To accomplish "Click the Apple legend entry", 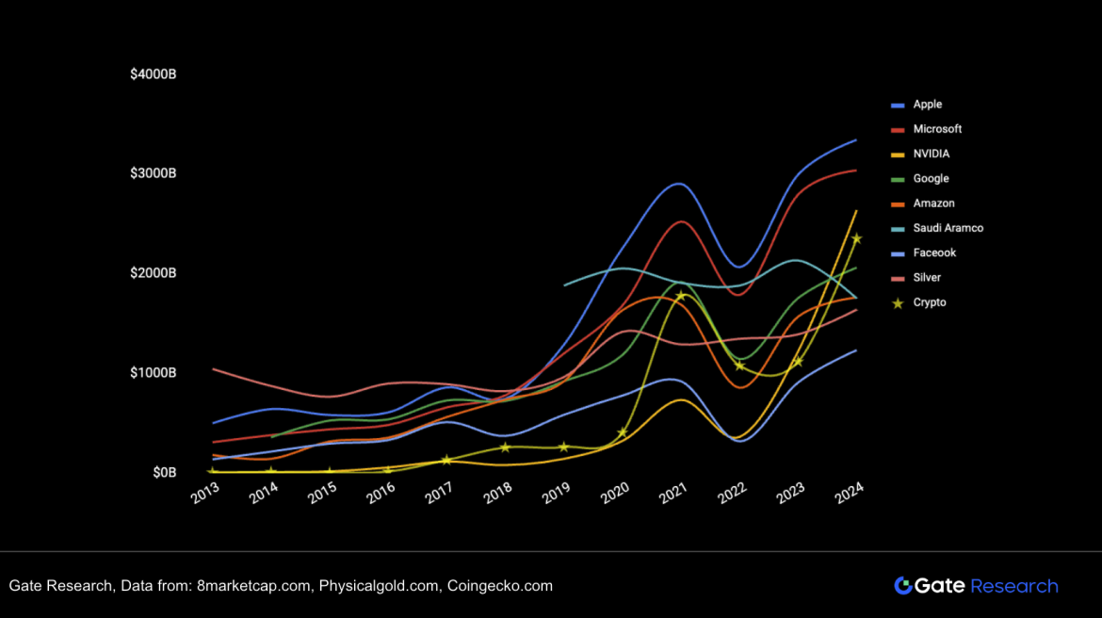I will (x=927, y=105).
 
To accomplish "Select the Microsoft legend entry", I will (x=936, y=129).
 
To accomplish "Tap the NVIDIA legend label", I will (x=931, y=154).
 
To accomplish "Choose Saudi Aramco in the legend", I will (x=948, y=228).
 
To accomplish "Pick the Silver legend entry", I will (x=927, y=278).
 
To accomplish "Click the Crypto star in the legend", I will (x=898, y=303).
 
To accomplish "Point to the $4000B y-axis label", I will (x=154, y=73).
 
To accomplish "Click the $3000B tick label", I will (x=154, y=173).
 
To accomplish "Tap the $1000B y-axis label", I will (x=154, y=372).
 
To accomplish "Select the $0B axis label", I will (x=165, y=472).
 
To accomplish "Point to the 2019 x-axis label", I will (x=556, y=492).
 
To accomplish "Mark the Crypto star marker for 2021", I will (x=680, y=296).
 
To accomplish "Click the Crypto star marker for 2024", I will (x=856, y=238).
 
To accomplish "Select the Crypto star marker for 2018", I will (x=505, y=447).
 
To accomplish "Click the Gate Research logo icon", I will (x=902, y=586).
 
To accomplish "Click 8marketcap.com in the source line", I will (x=253, y=586).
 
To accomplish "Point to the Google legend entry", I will (x=931, y=179).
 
